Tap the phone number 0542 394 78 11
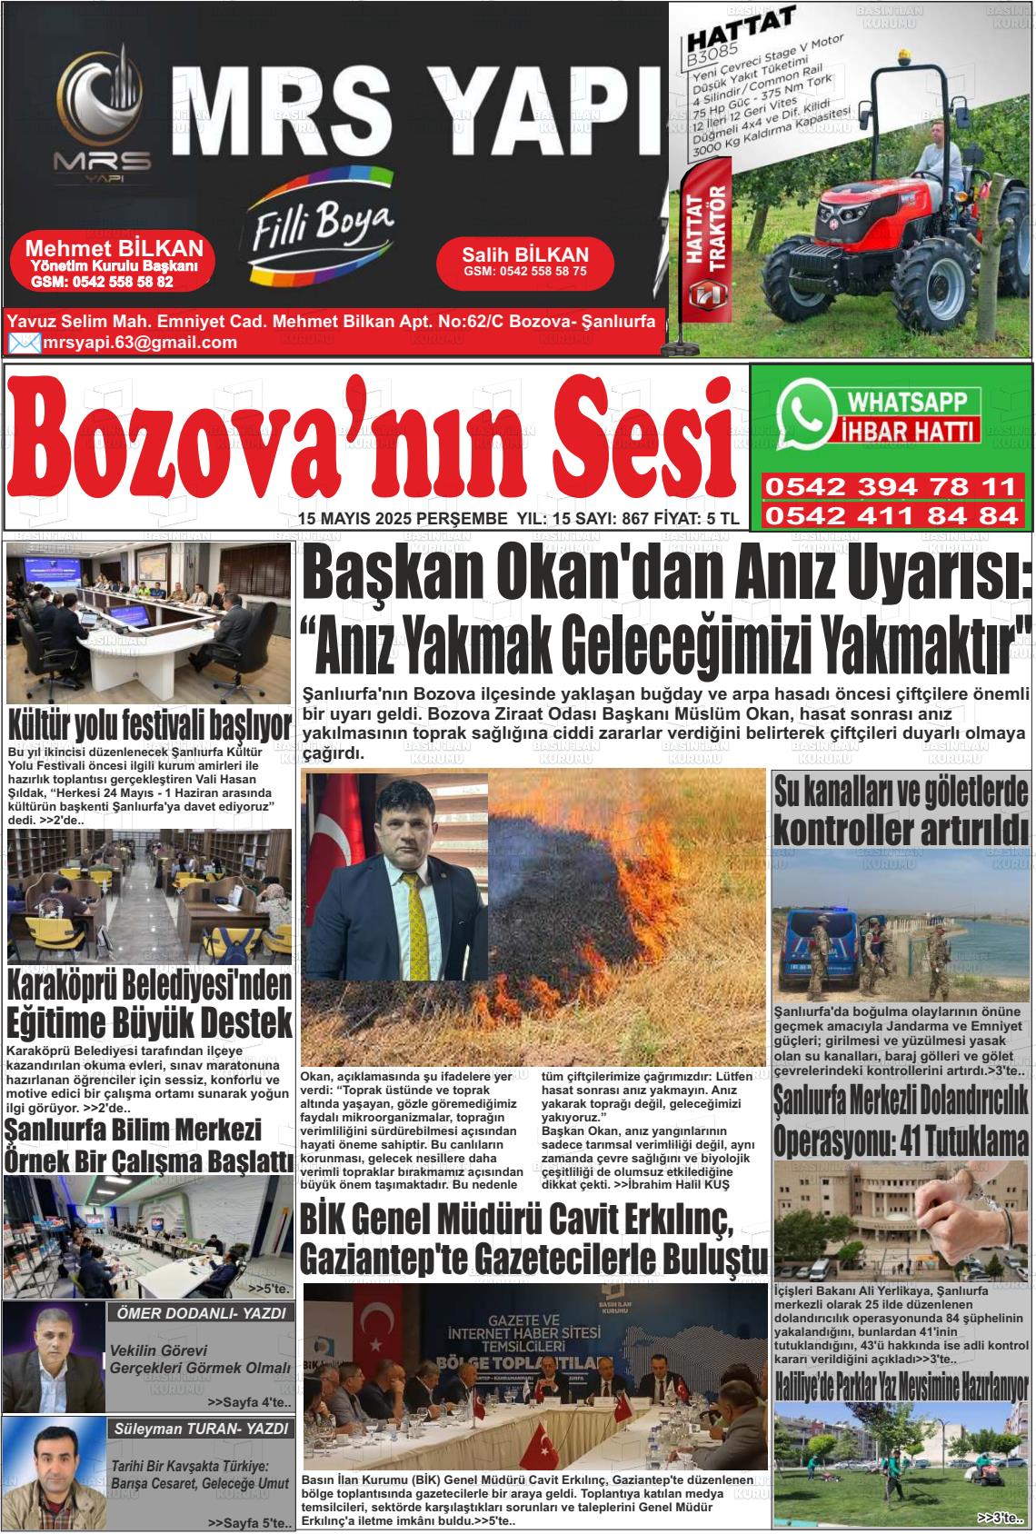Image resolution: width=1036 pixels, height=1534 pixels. click(890, 486)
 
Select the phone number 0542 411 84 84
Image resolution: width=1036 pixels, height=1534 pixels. click(890, 516)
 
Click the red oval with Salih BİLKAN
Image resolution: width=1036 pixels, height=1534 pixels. click(525, 262)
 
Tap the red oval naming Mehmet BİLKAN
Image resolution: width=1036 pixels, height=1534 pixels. click(115, 263)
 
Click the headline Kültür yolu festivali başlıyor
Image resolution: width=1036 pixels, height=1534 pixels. click(150, 728)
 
